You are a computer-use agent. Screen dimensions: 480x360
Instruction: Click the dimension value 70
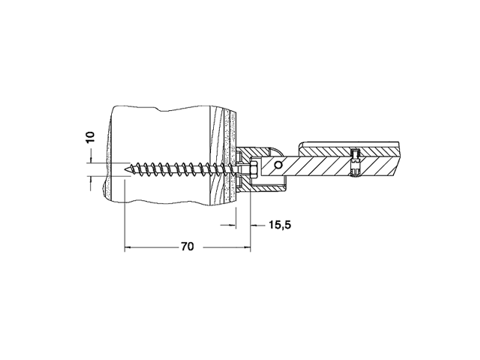point(187,247)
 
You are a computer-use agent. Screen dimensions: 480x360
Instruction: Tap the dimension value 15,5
point(280,225)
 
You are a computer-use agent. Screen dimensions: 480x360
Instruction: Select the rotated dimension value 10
point(90,137)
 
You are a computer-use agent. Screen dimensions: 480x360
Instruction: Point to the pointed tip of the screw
point(125,169)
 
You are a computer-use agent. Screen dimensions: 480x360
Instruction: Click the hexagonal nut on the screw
point(253,169)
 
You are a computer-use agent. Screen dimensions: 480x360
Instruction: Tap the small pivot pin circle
point(278,165)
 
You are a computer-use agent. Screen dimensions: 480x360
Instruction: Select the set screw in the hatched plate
point(356,162)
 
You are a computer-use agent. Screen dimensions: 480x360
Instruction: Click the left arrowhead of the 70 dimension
point(128,247)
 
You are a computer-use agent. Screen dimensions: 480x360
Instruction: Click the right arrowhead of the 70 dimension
point(247,247)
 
